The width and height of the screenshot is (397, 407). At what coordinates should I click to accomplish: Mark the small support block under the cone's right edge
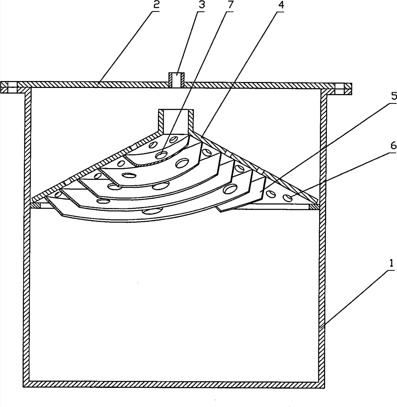(313, 207)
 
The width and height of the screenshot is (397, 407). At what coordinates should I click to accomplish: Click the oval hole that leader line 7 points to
(162, 155)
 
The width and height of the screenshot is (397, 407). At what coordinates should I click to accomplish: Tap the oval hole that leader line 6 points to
(289, 198)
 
